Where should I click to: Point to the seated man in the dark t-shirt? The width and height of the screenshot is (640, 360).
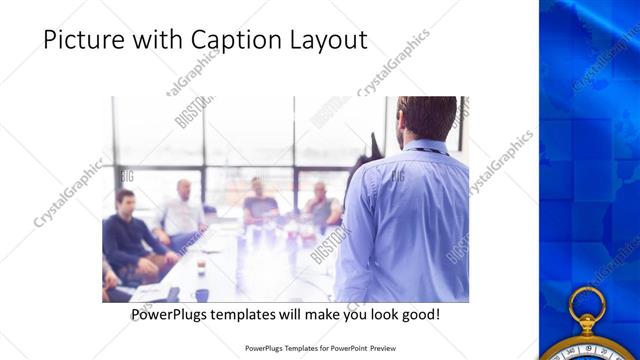260,200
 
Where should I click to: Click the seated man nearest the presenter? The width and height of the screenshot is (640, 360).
322,204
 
